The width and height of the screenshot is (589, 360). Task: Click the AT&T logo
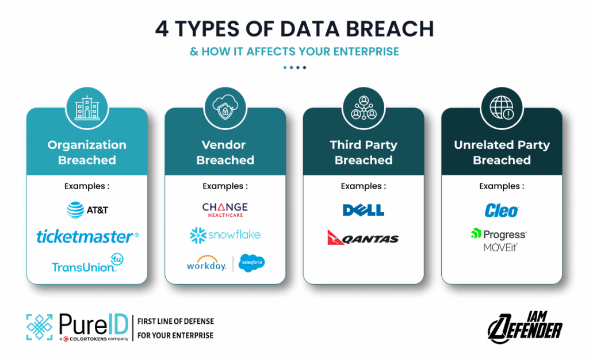87,210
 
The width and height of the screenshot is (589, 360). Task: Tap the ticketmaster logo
87,236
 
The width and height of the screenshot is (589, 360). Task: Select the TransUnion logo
87,263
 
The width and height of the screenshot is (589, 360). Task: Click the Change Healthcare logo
225,210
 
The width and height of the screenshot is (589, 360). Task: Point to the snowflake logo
225,235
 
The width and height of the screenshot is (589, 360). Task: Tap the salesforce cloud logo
251,263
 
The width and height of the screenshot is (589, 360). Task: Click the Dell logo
364,210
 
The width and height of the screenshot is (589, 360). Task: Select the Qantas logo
364,238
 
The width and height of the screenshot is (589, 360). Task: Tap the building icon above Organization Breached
87,108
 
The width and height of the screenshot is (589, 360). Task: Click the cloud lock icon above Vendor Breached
225,108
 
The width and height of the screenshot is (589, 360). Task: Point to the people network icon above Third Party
364,108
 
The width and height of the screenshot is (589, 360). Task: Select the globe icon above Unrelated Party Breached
502,108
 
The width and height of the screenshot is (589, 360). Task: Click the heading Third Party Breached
364,152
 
